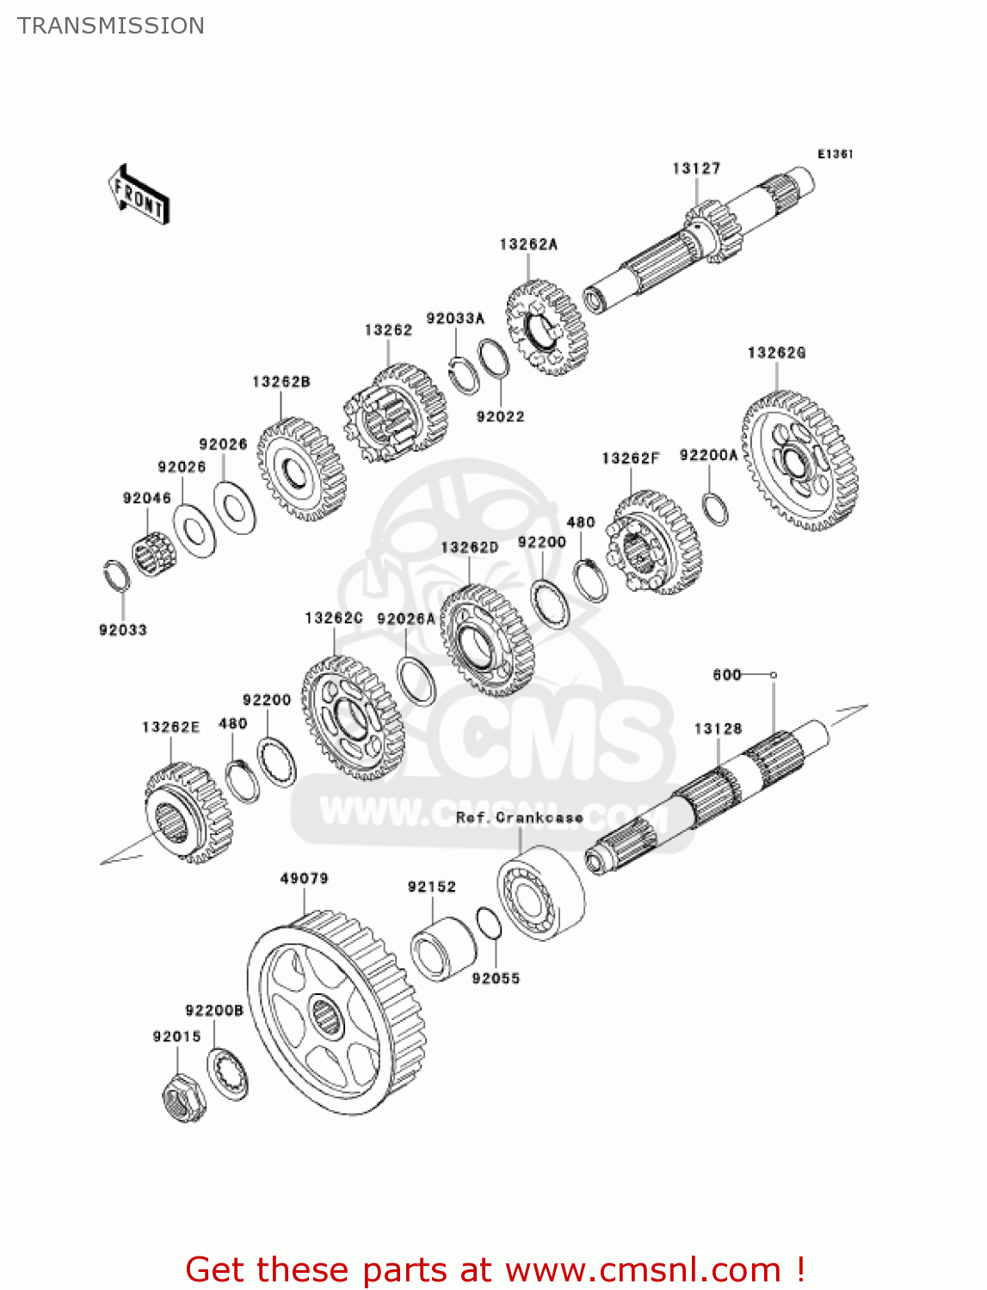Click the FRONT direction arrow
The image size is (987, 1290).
coord(139,194)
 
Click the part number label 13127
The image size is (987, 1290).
coord(696,169)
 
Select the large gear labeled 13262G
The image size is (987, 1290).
coord(799,461)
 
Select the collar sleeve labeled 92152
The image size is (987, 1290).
coord(442,949)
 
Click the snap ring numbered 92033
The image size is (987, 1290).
coord(117,576)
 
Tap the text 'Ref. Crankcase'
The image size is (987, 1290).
coord(519,817)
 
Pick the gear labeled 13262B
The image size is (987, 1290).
coord(300,470)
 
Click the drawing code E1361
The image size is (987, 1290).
coord(835,154)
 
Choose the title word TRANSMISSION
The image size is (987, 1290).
coord(111,26)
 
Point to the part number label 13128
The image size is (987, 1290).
coord(718,728)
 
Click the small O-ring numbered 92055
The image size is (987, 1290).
coord(488,924)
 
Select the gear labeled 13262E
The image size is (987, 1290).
coord(188,814)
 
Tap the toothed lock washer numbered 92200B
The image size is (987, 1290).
coord(228,1074)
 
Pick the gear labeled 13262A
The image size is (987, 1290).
coord(546,327)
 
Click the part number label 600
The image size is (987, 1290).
coord(727,675)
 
